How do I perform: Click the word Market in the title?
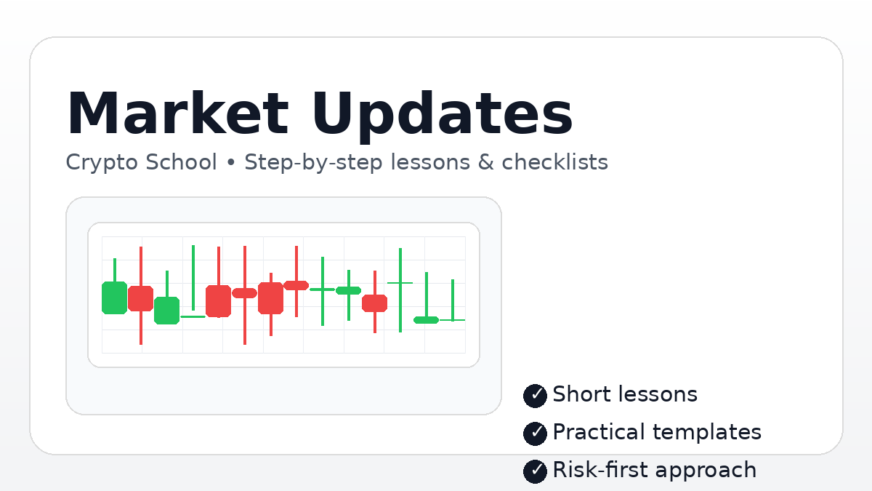[x=177, y=114]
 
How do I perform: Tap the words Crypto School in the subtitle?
[x=141, y=161]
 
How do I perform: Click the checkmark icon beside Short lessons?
[x=535, y=395]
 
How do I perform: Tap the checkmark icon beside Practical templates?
[x=535, y=433]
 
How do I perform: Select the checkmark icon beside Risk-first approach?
[x=535, y=471]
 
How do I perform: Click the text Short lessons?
[x=625, y=394]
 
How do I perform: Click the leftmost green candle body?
[x=114, y=298]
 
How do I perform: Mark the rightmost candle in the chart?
[x=452, y=319]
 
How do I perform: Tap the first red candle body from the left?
[x=140, y=298]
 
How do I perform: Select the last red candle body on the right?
[x=375, y=303]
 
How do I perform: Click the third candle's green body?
[x=166, y=310]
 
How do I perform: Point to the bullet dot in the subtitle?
[x=231, y=162]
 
